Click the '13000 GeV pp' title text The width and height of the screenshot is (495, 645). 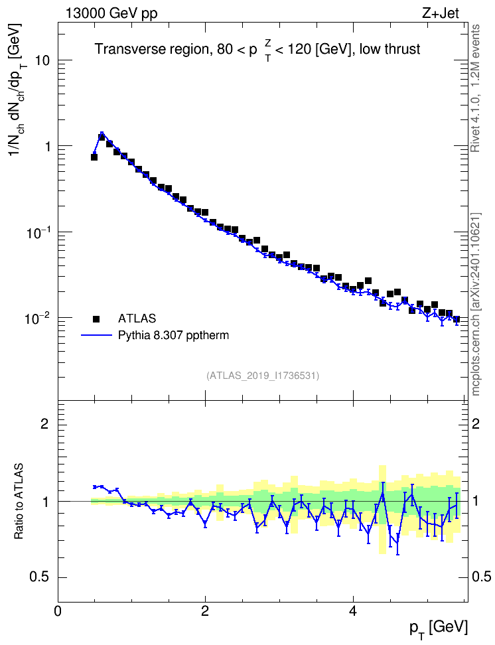pyautogui.click(x=111, y=13)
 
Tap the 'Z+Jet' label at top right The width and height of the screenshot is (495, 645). pyautogui.click(x=441, y=13)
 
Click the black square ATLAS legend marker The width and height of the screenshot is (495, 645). pyautogui.click(x=96, y=319)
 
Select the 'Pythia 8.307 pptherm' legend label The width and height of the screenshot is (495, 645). pyautogui.click(x=173, y=336)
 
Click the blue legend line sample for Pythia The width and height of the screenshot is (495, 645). pyautogui.click(x=97, y=335)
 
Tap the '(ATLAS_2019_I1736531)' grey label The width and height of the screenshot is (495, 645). pyautogui.click(x=263, y=376)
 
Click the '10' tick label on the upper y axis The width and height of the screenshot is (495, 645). pyautogui.click(x=41, y=60)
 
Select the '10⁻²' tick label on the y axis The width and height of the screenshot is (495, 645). pyautogui.click(x=38, y=318)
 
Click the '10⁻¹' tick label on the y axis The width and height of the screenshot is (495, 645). pyautogui.click(x=38, y=232)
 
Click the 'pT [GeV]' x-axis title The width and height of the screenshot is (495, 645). pyautogui.click(x=439, y=629)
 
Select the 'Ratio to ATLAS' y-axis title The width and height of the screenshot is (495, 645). pyautogui.click(x=19, y=501)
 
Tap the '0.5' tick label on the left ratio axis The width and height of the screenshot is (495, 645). pyautogui.click(x=40, y=577)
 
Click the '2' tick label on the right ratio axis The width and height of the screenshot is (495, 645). pyautogui.click(x=475, y=423)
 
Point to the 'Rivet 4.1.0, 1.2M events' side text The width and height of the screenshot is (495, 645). pyautogui.click(x=476, y=88)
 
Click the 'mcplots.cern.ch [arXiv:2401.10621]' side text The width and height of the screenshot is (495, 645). pyautogui.click(x=476, y=304)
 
